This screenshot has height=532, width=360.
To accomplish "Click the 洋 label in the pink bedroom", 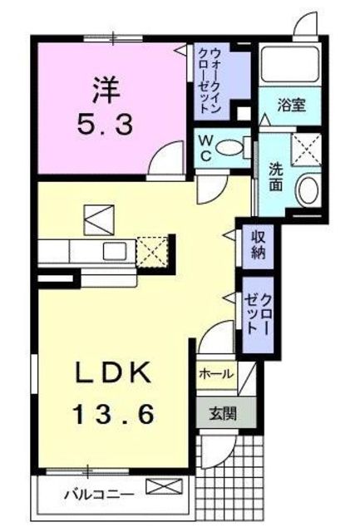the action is click(107, 91).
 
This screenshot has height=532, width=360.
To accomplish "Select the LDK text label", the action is click(112, 373).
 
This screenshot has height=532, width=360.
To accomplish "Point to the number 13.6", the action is click(114, 415).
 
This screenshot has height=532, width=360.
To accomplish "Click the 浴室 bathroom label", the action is click(292, 105).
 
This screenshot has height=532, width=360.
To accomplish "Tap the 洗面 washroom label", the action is click(276, 177).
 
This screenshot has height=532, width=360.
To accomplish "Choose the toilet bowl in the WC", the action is click(229, 148).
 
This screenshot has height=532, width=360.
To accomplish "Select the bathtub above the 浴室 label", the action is click(290, 64).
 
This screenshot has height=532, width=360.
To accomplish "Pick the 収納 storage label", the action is click(258, 245).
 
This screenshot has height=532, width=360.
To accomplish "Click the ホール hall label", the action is click(216, 374).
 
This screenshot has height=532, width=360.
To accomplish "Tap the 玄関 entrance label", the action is click(223, 414).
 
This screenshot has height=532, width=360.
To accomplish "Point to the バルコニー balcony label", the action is click(99, 495).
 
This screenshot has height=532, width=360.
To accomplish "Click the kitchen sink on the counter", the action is click(115, 251).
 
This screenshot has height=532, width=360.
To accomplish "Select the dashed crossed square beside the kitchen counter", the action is click(152, 252).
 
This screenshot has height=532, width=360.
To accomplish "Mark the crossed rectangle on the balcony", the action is click(164, 486).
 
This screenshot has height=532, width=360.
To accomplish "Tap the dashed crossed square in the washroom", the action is click(306, 150).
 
